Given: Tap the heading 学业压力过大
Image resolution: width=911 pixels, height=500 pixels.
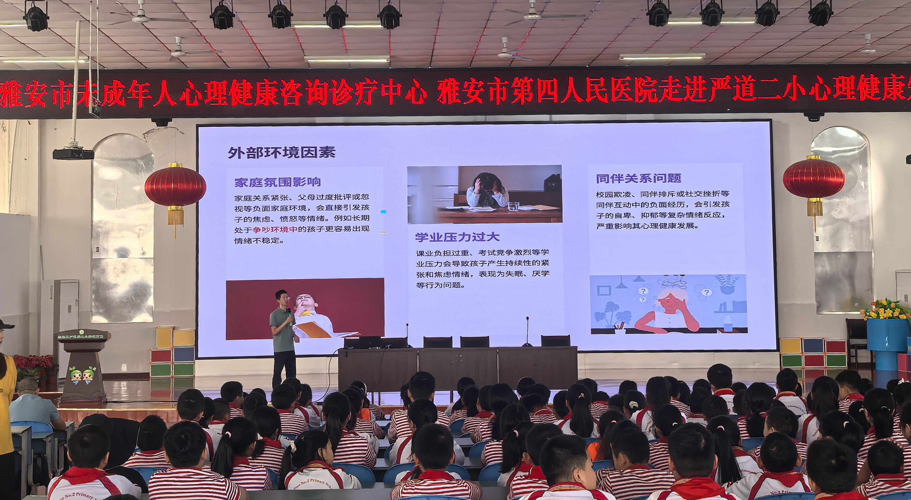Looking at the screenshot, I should tap(457, 237).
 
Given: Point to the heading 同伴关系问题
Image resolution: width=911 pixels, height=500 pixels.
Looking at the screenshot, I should tap(638, 178).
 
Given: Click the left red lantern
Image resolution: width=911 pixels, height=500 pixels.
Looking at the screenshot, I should tap(175, 188).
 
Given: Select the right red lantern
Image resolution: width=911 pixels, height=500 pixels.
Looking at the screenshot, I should tap(813, 180).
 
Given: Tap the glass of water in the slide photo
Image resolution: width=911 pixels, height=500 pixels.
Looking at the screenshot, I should tap(513, 206).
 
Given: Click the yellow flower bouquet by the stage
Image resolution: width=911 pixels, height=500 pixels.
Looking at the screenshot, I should tap(886, 310).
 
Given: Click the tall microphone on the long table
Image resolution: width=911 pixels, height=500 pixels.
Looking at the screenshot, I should tap(527, 331).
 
